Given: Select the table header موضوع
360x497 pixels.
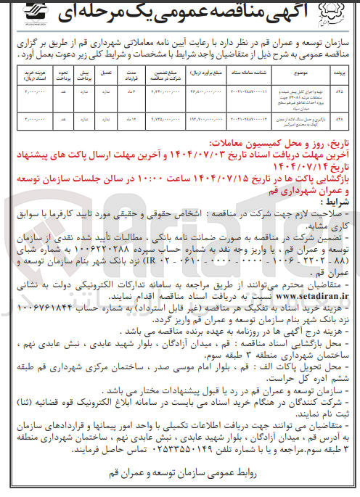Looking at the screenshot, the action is click(x=269, y=73).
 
